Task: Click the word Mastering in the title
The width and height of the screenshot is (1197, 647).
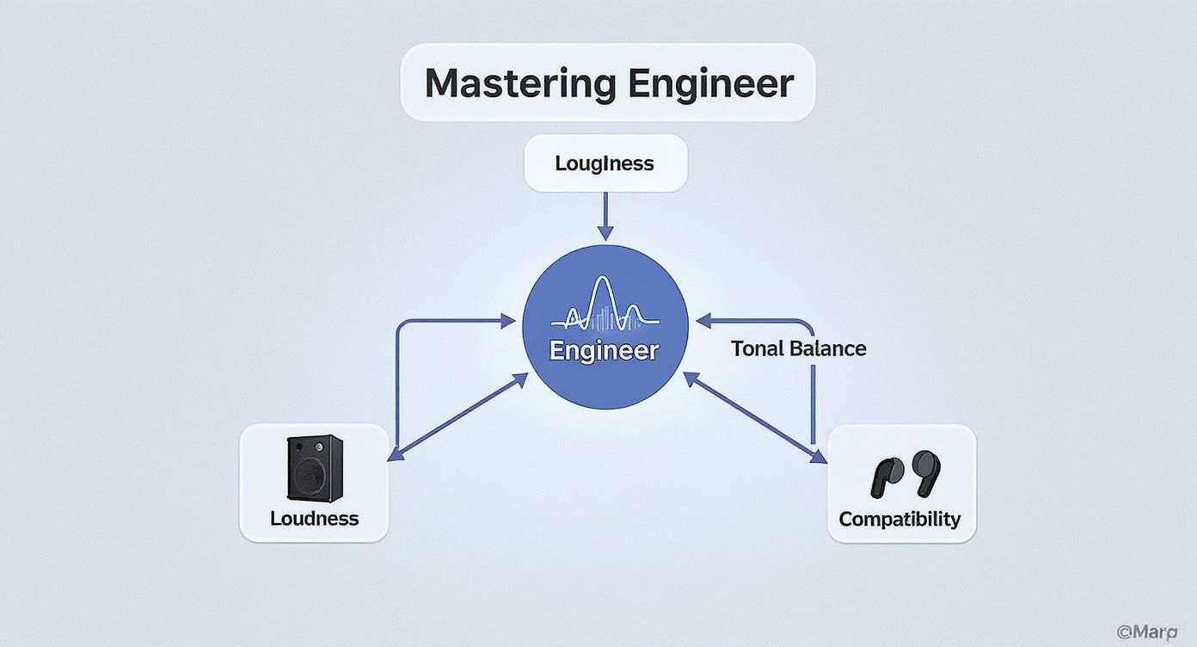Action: [x=520, y=83]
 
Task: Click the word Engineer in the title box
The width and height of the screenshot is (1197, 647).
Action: [x=710, y=83]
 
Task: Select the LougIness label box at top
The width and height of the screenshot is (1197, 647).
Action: [x=605, y=163]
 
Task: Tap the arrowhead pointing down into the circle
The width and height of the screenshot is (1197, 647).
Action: [x=605, y=232]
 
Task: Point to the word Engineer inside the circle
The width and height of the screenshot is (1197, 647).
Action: [x=605, y=351]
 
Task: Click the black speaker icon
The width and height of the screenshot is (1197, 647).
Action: [x=314, y=467]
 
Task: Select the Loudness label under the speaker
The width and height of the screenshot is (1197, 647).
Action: [x=314, y=519]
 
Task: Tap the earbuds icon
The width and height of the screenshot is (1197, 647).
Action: [x=902, y=474]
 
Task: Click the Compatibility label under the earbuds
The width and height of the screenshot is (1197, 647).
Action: [x=899, y=520]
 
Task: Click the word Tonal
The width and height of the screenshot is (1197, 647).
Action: [x=757, y=348]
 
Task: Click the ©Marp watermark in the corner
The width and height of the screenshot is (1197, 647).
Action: [x=1146, y=632]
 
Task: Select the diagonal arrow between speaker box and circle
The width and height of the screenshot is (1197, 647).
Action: [x=458, y=417]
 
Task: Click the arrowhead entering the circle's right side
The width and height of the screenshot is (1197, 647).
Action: [x=703, y=322]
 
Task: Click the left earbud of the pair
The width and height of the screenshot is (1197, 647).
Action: [x=886, y=478]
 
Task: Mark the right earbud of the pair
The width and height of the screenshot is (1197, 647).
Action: [x=926, y=471]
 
